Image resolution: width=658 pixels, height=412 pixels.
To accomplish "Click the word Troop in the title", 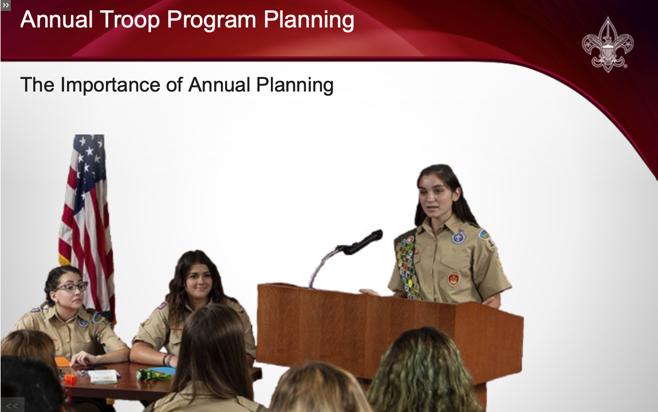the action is (x=129, y=19).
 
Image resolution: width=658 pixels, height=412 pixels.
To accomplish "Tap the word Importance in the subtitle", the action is (x=110, y=85).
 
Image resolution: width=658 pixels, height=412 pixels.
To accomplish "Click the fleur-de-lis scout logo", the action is (x=607, y=45).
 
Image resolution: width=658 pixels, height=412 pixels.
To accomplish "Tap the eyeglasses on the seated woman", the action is (x=72, y=287).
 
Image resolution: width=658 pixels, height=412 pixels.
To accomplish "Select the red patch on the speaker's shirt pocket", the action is (x=453, y=280).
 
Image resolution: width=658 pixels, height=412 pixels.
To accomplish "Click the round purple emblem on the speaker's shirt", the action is (x=458, y=237).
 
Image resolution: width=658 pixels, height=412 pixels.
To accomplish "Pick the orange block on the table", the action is (x=70, y=379).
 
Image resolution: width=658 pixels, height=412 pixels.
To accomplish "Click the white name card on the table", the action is (x=103, y=376).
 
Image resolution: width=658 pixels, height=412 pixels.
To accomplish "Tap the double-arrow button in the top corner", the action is (x=6, y=5).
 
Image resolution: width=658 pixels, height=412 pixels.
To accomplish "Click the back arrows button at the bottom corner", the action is (x=12, y=405).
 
